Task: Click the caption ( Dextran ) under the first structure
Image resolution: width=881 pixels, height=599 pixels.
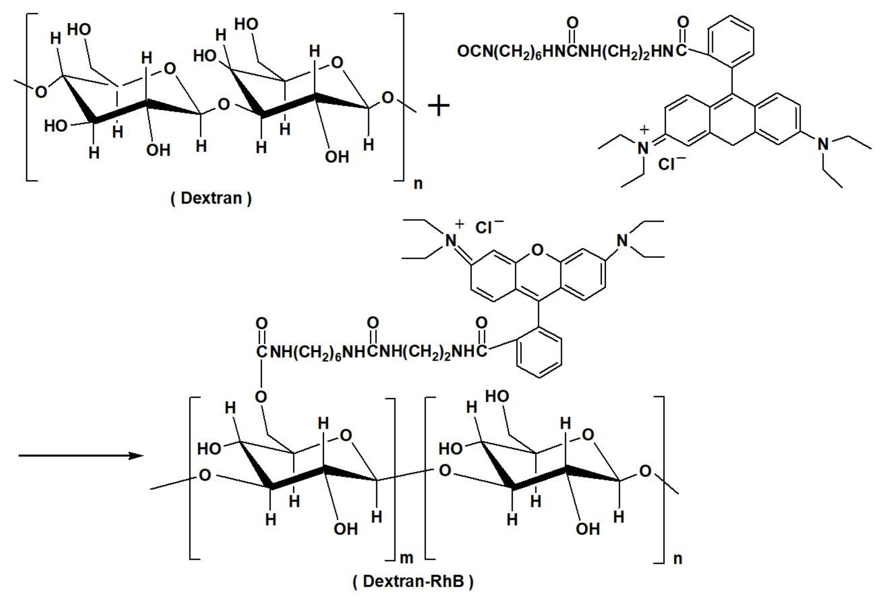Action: click(211, 198)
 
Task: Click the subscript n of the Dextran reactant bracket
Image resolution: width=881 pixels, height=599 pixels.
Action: click(418, 184)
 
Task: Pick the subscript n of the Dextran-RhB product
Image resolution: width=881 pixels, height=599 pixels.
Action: click(678, 558)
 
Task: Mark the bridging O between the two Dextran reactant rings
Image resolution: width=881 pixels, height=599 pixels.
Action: click(224, 104)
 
